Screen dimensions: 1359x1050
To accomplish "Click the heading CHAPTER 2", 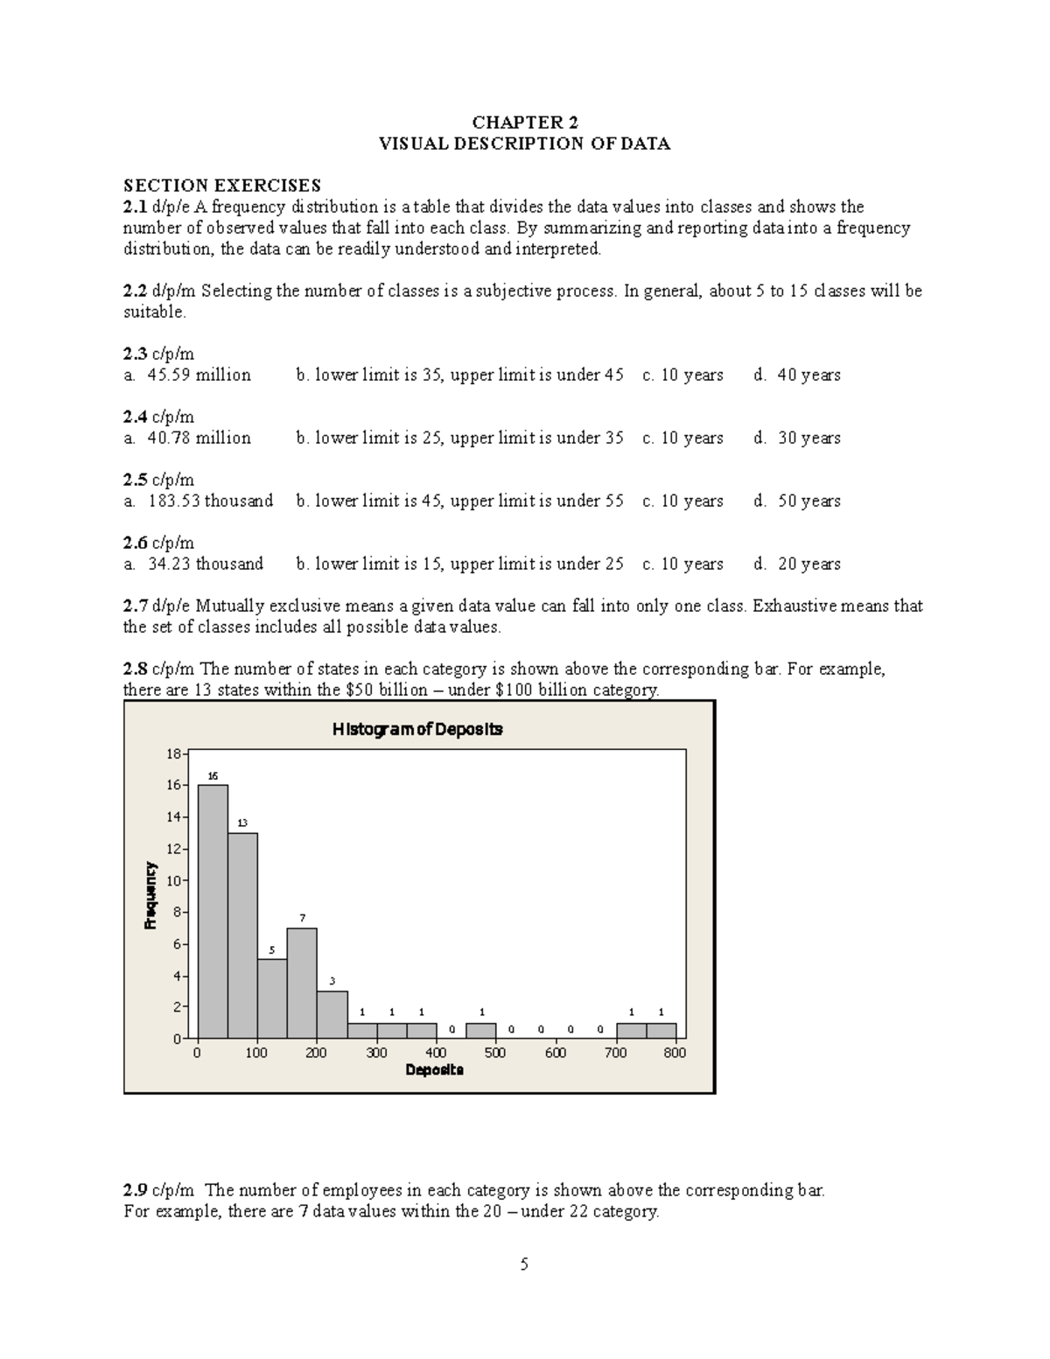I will [x=524, y=123].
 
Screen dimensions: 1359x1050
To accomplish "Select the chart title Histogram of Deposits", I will [x=416, y=729].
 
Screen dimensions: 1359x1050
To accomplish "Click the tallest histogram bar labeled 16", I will [x=213, y=910].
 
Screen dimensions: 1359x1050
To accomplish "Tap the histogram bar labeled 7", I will [x=302, y=982].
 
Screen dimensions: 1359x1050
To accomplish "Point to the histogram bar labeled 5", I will [x=272, y=998].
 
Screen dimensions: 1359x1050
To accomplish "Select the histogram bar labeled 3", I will [x=332, y=1013].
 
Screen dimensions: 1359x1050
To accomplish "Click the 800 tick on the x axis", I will [x=675, y=1053].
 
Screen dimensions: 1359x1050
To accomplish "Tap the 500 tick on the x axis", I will [x=495, y=1053].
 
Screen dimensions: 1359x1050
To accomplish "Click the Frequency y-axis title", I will [x=150, y=894].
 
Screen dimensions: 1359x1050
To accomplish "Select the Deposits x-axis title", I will [x=434, y=1070].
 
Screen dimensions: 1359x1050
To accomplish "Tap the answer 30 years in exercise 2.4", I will [x=808, y=438].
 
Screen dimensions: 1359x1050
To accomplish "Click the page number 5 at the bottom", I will [x=524, y=1264].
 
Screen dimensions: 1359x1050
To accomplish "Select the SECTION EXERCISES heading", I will [x=222, y=186].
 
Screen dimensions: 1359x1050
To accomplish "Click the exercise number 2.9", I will [x=136, y=1190].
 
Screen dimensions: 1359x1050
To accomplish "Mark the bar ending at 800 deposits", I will [x=661, y=1030].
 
